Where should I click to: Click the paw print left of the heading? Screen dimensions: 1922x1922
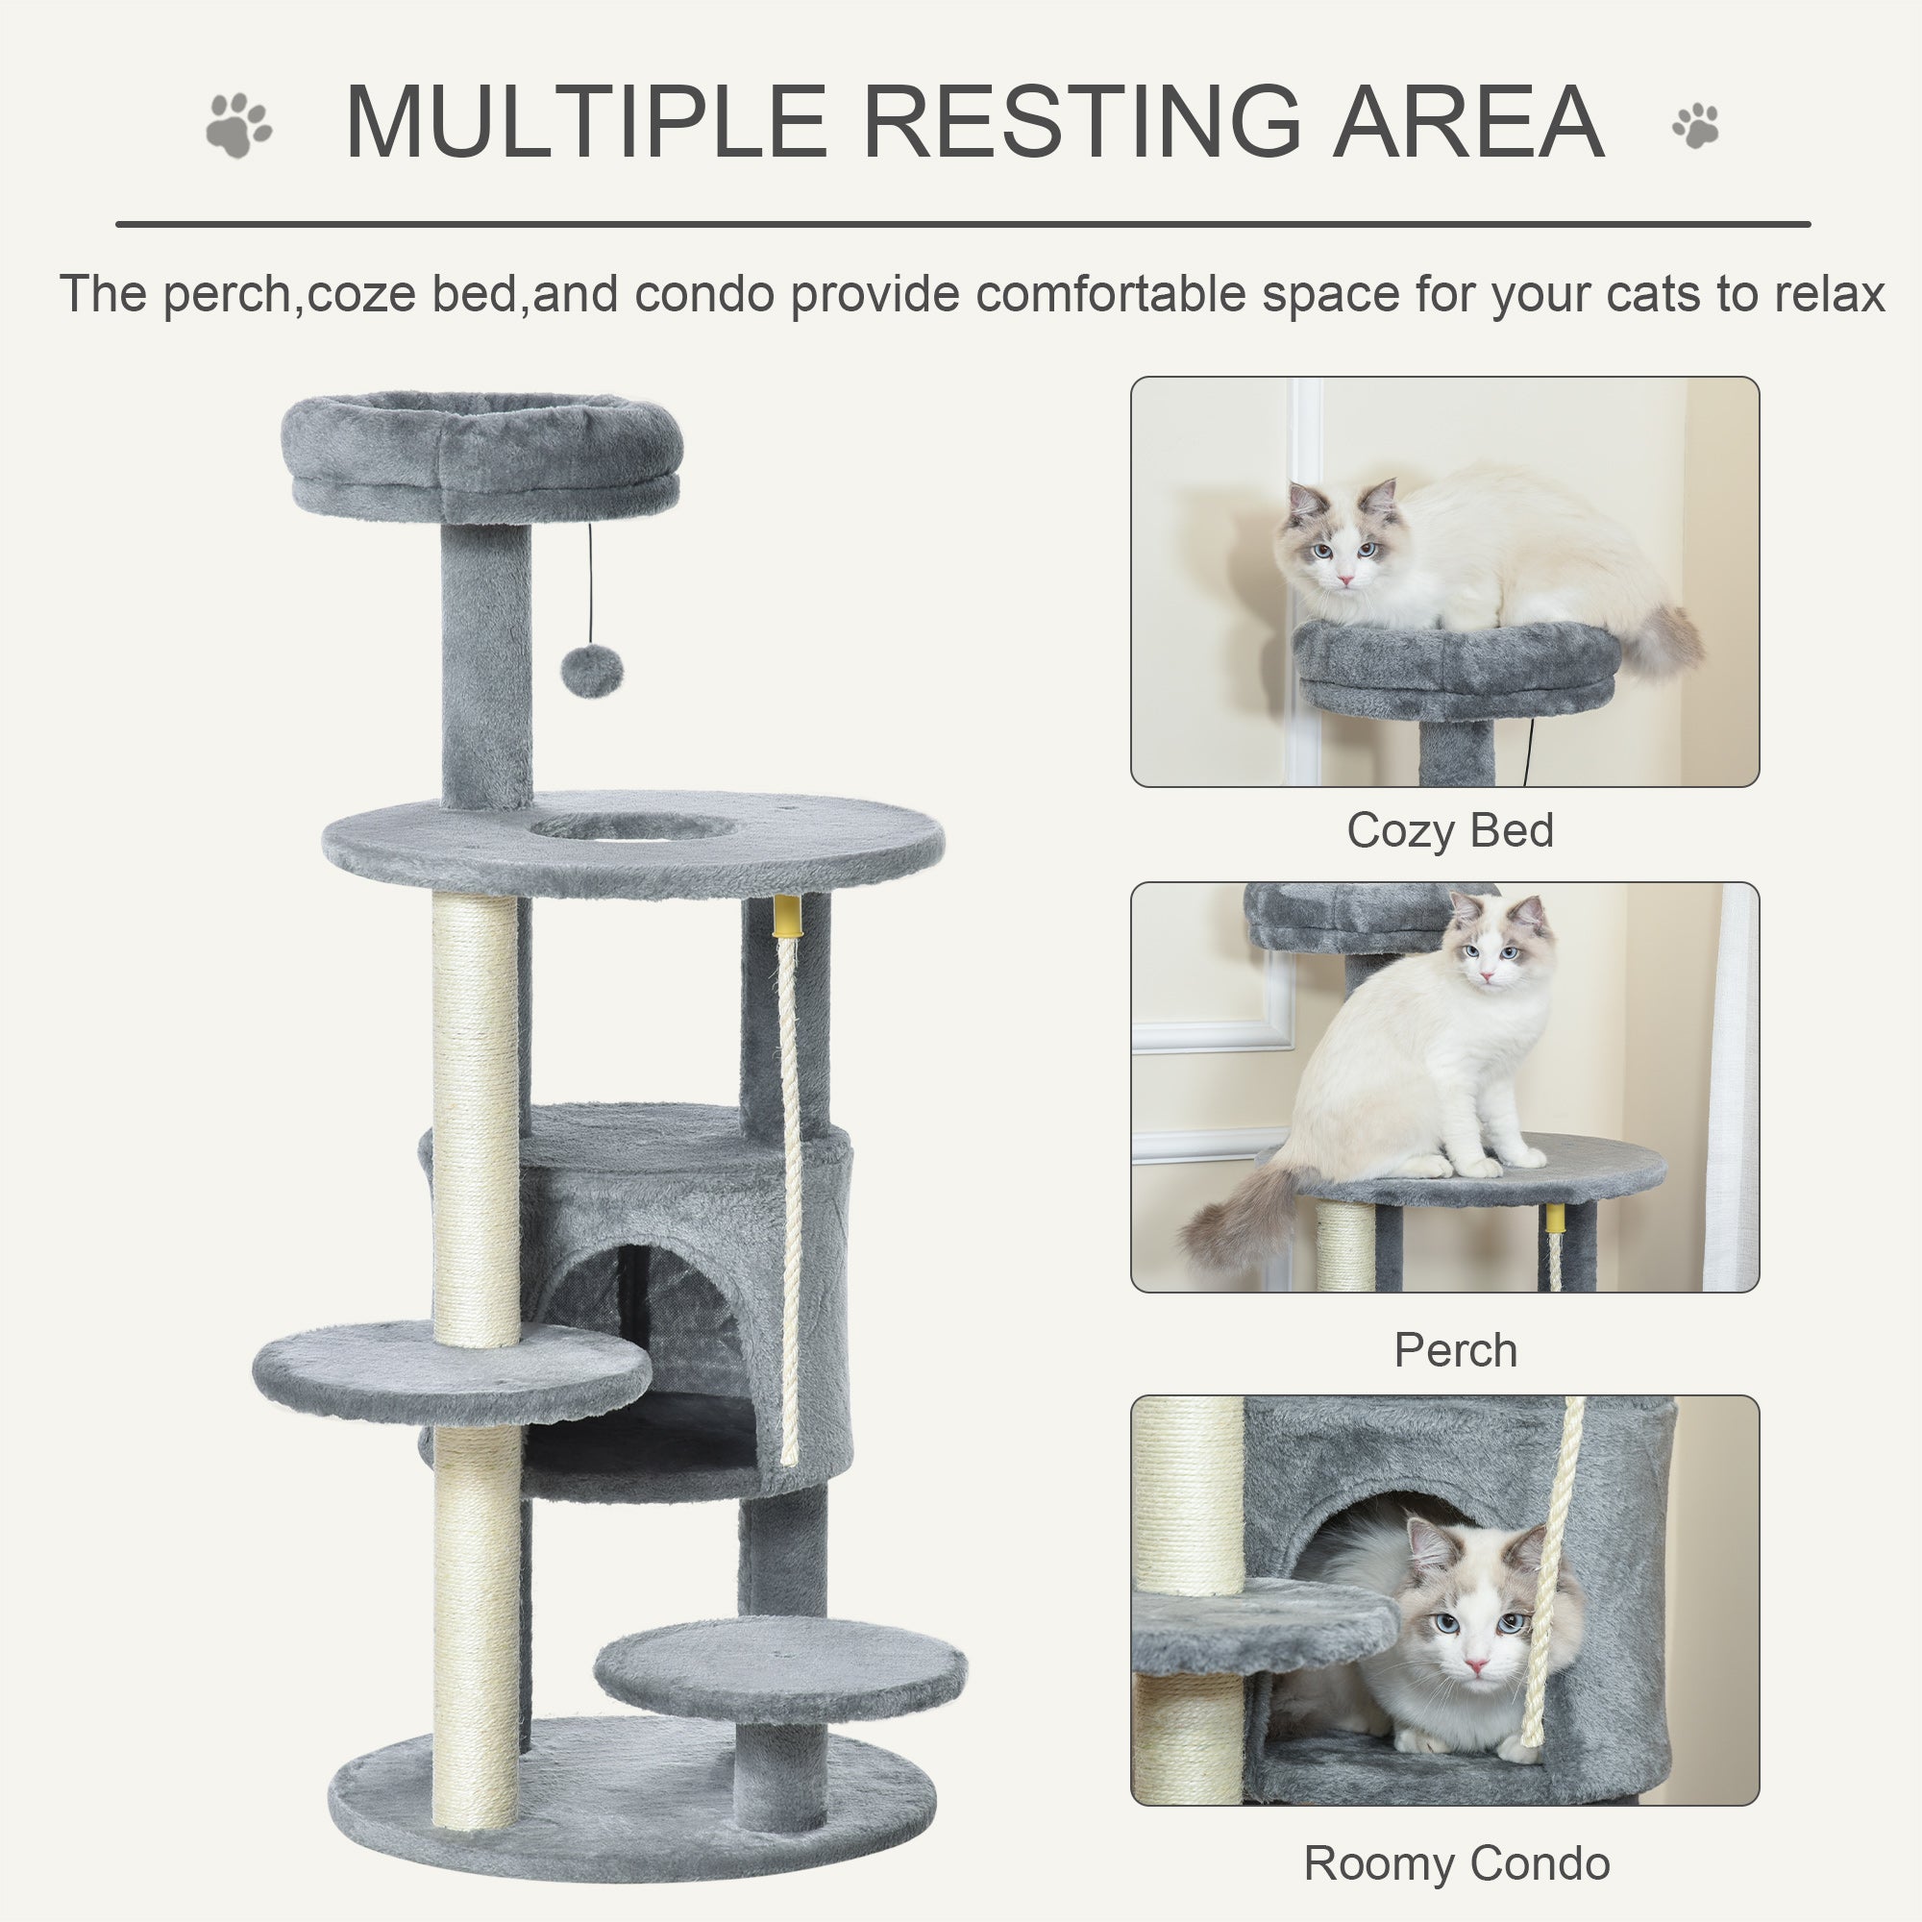[x=238, y=125]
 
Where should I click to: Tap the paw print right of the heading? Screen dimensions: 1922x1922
[x=1695, y=125]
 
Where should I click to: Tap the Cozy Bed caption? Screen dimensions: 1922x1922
[x=1449, y=830]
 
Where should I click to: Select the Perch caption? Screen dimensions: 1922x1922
[x=1455, y=1350]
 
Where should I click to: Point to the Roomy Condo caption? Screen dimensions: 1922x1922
[x=1457, y=1863]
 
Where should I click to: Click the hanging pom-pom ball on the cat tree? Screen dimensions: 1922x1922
[x=591, y=673]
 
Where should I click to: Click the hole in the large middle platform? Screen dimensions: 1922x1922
[x=632, y=825]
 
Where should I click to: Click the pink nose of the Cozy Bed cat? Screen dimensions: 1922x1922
[x=1345, y=579]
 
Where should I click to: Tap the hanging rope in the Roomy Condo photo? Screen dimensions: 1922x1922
[x=1554, y=1552]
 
